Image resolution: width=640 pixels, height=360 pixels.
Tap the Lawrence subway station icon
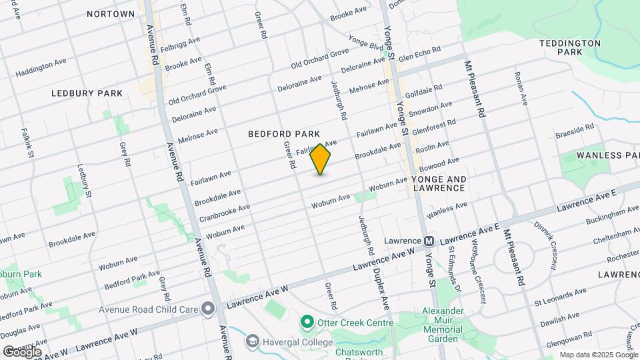(429, 241)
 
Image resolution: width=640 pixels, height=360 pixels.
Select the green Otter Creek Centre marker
(307, 322)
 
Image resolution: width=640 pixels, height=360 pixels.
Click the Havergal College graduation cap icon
(252, 342)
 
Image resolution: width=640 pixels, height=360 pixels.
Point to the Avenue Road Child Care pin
(209, 309)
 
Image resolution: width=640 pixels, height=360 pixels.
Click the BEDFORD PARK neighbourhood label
(284, 134)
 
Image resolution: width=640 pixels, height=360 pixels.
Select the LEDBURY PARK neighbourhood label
(87, 93)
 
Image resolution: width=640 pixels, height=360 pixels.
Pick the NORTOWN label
(111, 14)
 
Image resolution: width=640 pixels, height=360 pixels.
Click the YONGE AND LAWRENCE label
(439, 184)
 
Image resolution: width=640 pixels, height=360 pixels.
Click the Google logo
(22, 351)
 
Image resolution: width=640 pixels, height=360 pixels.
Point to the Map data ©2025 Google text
(599, 355)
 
